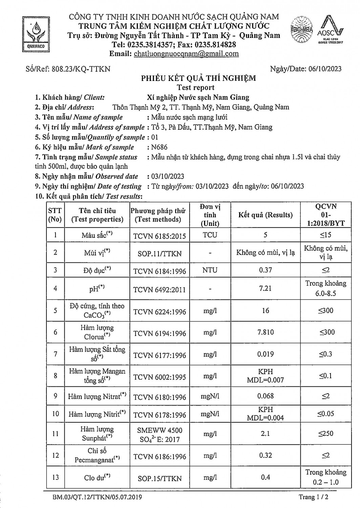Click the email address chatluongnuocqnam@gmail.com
click(x=186, y=54)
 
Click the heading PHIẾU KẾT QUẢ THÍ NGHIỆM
click(x=198, y=79)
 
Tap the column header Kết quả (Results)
click(x=265, y=215)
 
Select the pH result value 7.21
click(x=265, y=289)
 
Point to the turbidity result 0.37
click(x=265, y=270)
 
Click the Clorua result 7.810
click(x=265, y=332)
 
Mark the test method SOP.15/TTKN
click(x=160, y=479)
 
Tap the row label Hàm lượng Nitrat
click(x=97, y=396)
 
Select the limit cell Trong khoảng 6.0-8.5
click(x=325, y=288)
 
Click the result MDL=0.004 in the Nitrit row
click(x=265, y=418)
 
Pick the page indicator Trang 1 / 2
click(x=314, y=497)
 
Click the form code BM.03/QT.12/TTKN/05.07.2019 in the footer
click(x=97, y=497)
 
